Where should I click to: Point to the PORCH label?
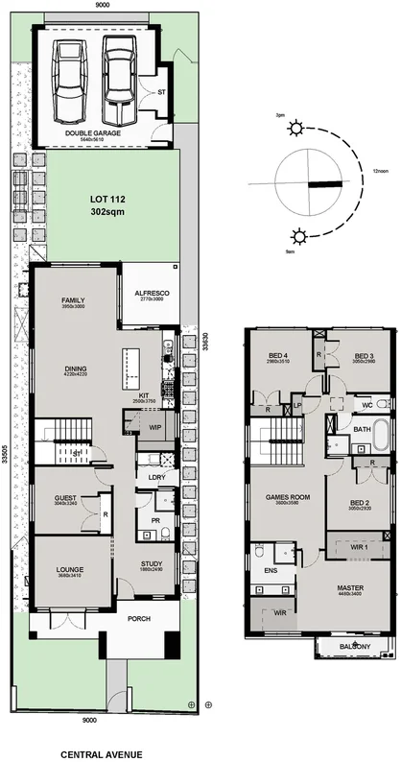pyautogui.click(x=139, y=619)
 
